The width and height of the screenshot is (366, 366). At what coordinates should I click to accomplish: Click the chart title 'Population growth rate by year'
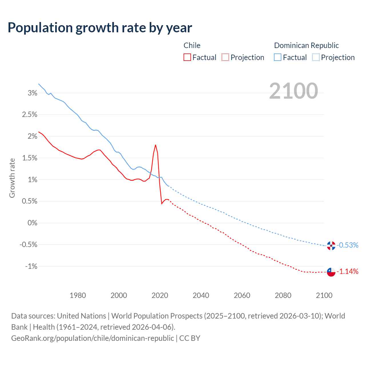(100, 28)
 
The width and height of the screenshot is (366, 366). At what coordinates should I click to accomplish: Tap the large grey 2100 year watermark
(293, 91)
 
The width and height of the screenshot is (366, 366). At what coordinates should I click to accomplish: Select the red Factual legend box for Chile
(187, 57)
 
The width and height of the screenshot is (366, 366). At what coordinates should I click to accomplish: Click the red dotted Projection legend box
(225, 57)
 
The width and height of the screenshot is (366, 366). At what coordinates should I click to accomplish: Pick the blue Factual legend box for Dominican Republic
(278, 57)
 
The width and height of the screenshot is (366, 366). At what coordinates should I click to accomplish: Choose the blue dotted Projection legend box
(316, 57)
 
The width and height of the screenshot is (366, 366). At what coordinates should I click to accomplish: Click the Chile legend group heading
(192, 45)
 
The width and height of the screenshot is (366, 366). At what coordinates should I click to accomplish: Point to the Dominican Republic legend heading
(306, 45)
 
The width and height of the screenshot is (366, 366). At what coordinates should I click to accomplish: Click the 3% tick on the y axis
(33, 93)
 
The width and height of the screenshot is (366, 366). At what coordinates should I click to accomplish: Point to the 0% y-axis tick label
(33, 223)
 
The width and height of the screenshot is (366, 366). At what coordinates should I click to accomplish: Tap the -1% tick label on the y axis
(31, 266)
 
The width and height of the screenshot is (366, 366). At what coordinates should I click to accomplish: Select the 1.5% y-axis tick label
(30, 158)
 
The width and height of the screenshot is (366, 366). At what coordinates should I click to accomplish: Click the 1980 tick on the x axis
(78, 295)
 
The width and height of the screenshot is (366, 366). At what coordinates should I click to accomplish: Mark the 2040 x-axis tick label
(201, 295)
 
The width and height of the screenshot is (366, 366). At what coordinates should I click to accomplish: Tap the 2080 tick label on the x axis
(283, 295)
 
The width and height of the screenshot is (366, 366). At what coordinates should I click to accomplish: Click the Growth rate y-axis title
(12, 178)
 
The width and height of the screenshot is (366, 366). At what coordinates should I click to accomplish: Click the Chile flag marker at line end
(331, 272)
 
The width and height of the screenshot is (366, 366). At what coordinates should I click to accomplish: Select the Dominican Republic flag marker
(331, 246)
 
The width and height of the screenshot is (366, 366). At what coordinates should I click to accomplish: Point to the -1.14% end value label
(347, 271)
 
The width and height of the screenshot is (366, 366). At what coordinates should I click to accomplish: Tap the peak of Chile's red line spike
(156, 145)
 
